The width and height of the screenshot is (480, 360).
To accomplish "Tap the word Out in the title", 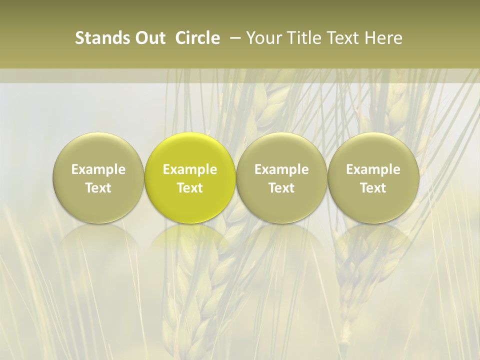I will (x=149, y=38).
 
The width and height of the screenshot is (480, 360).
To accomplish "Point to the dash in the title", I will (x=233, y=38).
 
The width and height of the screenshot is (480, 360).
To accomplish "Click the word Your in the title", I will (x=261, y=38).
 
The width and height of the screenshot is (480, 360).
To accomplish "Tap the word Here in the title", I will (x=382, y=38).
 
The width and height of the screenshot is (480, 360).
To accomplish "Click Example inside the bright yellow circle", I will (x=190, y=169).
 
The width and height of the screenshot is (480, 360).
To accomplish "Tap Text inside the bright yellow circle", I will (x=190, y=188).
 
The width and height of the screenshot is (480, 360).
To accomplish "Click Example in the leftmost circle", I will (x=98, y=169).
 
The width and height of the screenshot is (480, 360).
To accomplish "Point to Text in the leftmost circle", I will (x=98, y=188).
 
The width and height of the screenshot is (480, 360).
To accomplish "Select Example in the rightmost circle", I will (x=373, y=169).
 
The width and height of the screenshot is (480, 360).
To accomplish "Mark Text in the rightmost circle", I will (x=373, y=188).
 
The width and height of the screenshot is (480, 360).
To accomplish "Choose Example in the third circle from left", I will (x=281, y=169).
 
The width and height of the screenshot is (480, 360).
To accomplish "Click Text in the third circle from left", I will (x=281, y=188).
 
